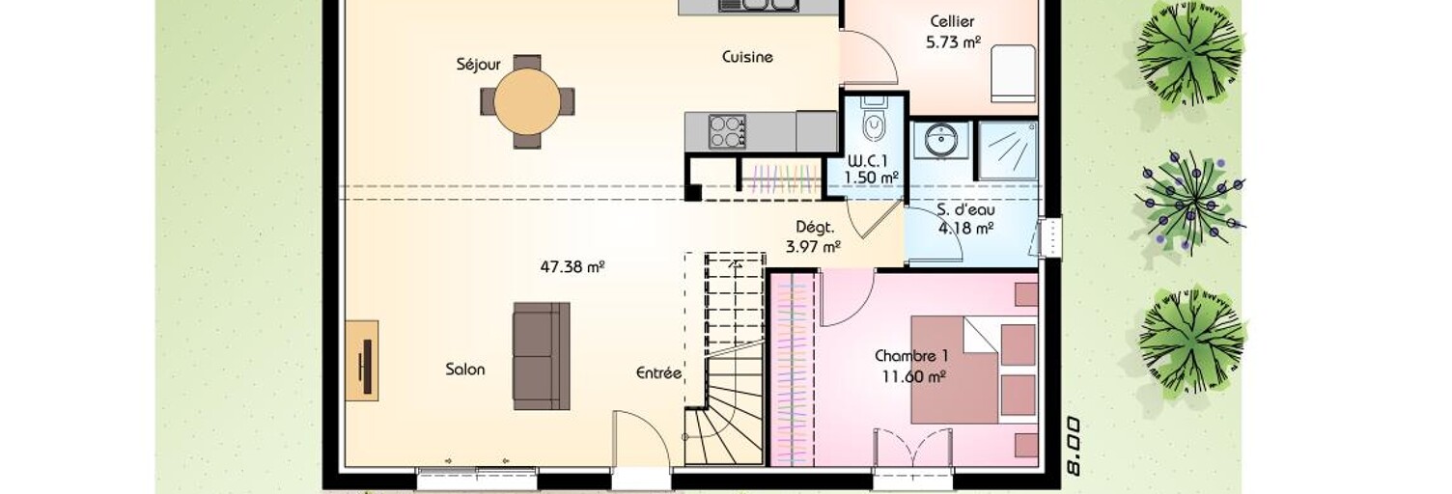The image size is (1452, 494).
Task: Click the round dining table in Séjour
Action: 527,101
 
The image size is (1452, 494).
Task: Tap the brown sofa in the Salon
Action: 542,355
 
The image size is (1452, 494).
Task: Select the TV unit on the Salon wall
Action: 362,360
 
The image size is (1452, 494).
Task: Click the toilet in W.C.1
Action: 874,120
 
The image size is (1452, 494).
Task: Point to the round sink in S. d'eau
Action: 939,140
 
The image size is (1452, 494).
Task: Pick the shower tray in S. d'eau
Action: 1007,150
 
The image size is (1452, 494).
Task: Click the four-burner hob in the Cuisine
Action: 727,132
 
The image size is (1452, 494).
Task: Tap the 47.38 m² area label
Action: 572,266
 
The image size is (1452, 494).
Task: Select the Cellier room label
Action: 952,21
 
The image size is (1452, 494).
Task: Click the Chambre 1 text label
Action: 911,355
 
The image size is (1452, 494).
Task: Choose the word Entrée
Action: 658,373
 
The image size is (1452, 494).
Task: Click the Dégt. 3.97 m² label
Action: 814,237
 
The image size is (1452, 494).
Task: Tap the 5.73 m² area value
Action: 953,42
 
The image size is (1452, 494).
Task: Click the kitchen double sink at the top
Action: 757,5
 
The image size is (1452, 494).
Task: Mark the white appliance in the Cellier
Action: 1013,72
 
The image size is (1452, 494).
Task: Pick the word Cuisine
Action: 747,57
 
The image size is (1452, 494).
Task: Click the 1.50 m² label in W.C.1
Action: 872,178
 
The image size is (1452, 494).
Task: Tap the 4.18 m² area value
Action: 966,228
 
